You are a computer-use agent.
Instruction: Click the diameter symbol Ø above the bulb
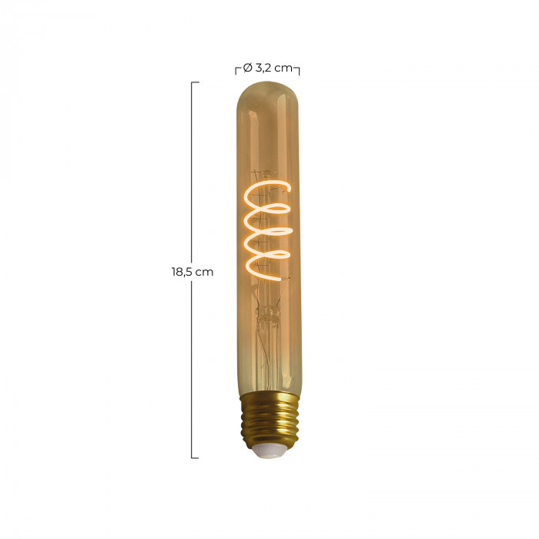[x=246, y=68]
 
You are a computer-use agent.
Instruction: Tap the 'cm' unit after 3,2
[x=283, y=68]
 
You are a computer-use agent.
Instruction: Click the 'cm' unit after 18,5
[x=204, y=272]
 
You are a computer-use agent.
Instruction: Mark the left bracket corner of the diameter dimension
[x=236, y=69]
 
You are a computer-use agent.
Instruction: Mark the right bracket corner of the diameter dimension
[x=298, y=69]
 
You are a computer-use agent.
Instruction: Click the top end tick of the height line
[x=195, y=82]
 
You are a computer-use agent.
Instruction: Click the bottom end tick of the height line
[x=195, y=458]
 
